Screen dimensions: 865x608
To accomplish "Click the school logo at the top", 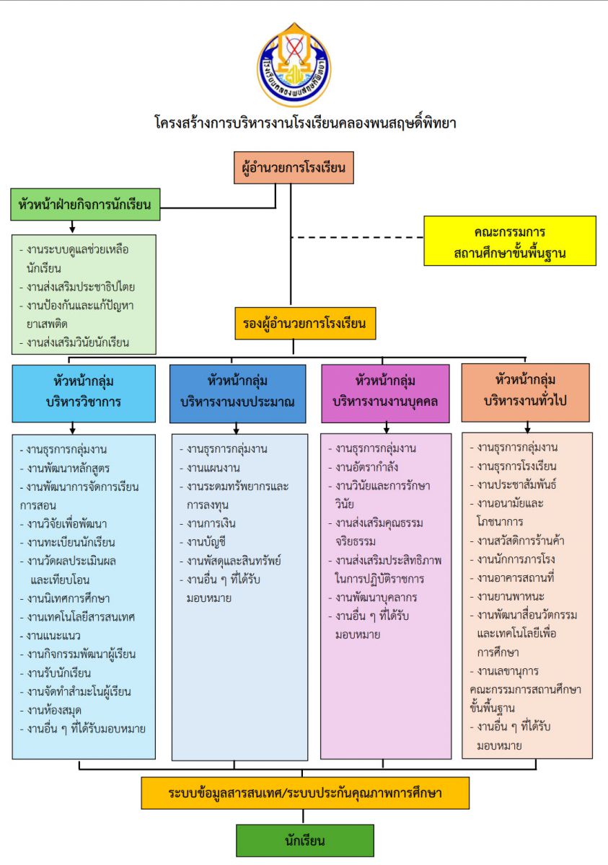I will [294, 64].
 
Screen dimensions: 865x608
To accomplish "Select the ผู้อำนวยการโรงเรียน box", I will [294, 168].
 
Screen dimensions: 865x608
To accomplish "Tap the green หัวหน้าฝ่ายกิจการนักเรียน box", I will [85, 204].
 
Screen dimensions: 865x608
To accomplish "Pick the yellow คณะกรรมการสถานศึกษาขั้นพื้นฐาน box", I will [510, 241].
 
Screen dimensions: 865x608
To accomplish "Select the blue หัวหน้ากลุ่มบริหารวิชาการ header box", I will [84, 392].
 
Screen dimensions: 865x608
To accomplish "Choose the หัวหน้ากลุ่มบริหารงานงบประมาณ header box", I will [238, 393].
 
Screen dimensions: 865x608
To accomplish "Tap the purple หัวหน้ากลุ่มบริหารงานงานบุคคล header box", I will [387, 392].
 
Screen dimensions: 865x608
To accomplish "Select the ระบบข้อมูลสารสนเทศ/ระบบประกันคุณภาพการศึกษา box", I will [305, 793].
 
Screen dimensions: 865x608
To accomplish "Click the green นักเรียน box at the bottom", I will [305, 840].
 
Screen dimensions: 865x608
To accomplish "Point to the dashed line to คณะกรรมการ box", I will [356, 237].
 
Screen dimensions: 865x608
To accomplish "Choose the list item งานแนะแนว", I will [54, 636].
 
